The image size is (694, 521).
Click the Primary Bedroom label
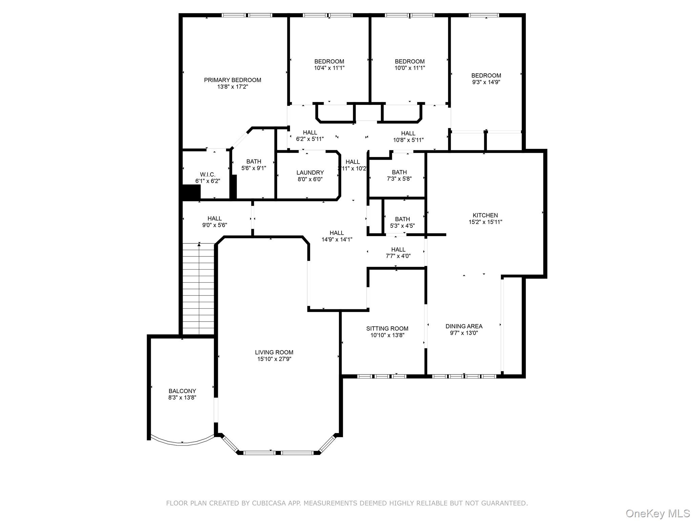[x=232, y=80]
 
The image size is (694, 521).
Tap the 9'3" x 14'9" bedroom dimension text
[x=486, y=82]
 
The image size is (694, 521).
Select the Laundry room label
[x=310, y=173]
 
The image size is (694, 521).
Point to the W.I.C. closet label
[x=207, y=174]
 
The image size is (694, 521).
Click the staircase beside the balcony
[x=199, y=288]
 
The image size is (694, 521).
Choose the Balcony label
[x=182, y=391]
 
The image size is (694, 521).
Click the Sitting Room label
[x=387, y=328]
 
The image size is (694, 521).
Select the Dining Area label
[x=464, y=326]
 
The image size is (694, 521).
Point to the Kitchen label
[x=485, y=215]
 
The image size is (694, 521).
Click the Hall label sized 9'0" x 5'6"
[x=215, y=218]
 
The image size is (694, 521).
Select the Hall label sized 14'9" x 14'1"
[x=336, y=233]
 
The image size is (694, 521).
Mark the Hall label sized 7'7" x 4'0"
[x=398, y=249]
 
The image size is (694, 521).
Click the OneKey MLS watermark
[x=657, y=513]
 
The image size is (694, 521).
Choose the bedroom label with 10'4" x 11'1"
[x=329, y=61]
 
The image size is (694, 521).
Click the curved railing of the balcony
[x=182, y=444]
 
